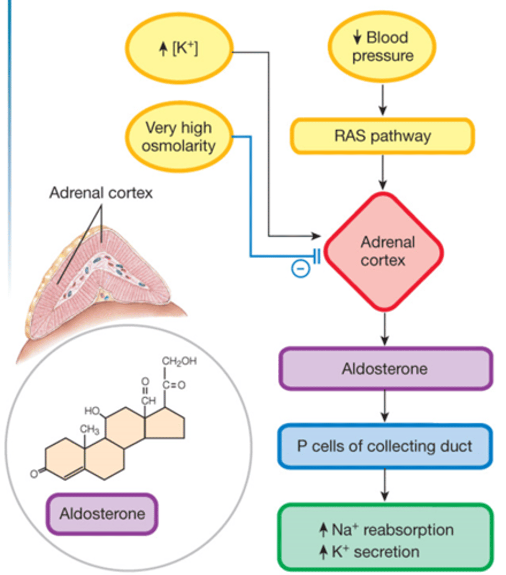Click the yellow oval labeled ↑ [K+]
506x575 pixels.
179,49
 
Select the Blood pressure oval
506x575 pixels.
382,47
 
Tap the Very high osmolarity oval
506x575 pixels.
179,137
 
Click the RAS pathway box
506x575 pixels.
382,136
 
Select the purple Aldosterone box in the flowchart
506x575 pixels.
385,369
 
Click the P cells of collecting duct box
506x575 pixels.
385,446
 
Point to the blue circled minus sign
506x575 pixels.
300,269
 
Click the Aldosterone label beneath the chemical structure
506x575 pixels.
102,514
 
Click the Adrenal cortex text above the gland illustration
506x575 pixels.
101,193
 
